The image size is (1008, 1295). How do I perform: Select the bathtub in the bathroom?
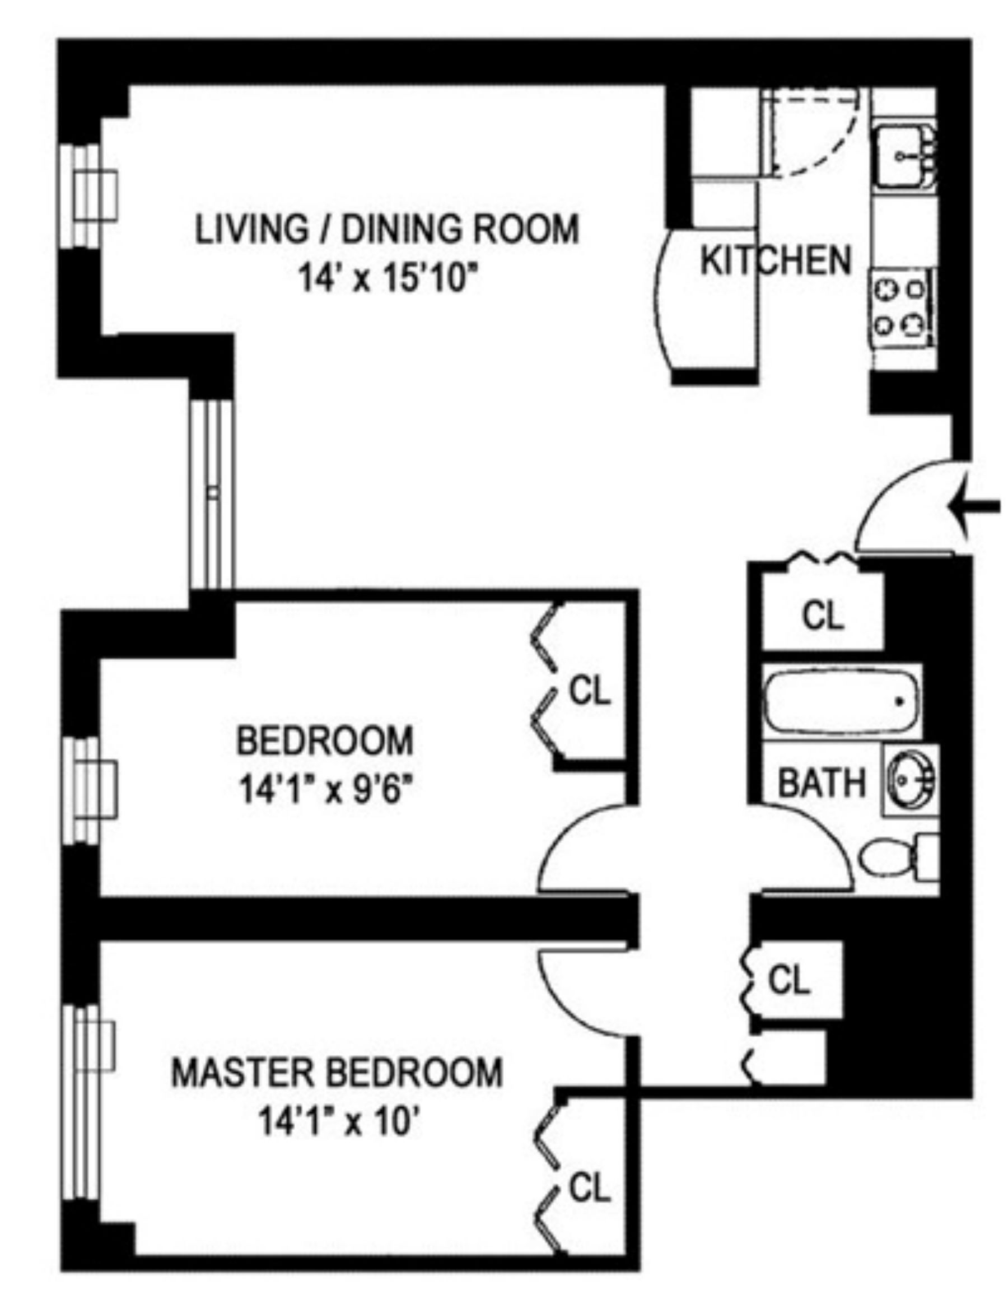841,701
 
